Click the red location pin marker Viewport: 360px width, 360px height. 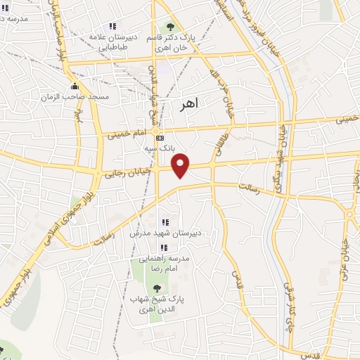point(181,165)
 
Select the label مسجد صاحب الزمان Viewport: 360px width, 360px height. point(75,96)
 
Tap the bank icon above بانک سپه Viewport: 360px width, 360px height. point(160,138)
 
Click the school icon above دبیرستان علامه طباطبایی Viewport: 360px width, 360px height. point(112,26)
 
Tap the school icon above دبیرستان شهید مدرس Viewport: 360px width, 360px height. point(164,223)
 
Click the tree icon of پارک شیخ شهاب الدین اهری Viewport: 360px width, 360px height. point(156,288)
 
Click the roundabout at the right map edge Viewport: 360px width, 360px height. point(349,214)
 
